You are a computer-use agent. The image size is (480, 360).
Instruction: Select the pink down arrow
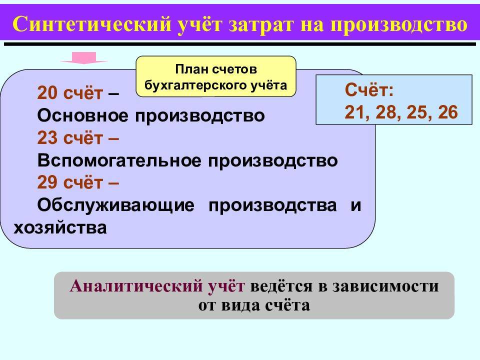click(84, 58)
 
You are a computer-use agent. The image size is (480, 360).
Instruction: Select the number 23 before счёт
click(47, 138)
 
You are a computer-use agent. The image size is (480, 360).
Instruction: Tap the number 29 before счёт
click(47, 182)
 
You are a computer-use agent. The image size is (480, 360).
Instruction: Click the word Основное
click(82, 115)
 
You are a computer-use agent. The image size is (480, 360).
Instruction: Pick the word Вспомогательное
click(119, 160)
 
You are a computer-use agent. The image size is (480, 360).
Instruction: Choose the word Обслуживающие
click(115, 205)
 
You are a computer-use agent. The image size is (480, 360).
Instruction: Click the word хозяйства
click(60, 228)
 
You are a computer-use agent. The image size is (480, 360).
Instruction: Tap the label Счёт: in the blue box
click(369, 90)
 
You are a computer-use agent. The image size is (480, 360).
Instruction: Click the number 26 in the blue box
click(447, 112)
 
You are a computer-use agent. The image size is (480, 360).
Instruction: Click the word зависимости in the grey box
click(385, 286)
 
